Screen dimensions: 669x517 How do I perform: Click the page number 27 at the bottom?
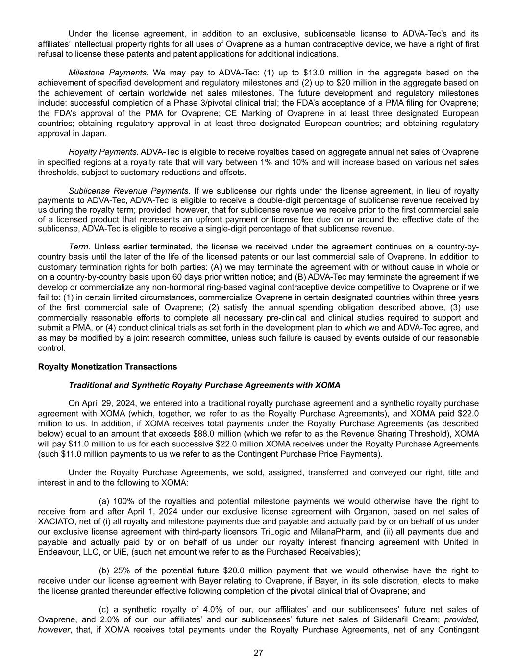click(x=259, y=652)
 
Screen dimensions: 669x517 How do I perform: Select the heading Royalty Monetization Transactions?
click(x=107, y=367)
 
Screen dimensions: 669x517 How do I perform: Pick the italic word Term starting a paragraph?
click(x=79, y=247)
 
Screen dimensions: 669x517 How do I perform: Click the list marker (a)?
click(x=104, y=501)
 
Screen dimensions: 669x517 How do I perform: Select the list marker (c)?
click(x=104, y=610)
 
